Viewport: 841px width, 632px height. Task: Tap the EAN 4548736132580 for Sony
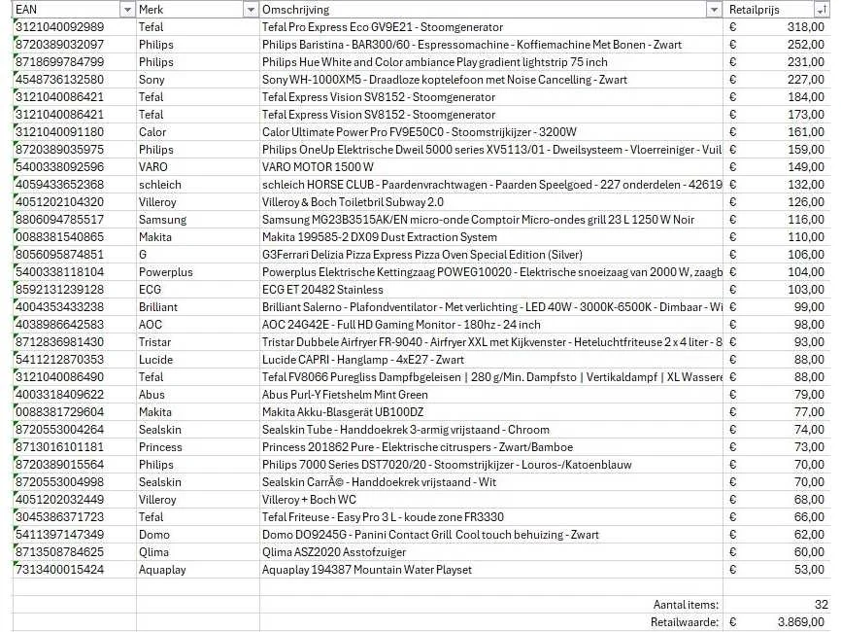pyautogui.click(x=59, y=80)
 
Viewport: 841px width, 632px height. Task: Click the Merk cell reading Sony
pyautogui.click(x=151, y=80)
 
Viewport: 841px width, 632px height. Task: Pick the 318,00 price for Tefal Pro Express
pyautogui.click(x=805, y=27)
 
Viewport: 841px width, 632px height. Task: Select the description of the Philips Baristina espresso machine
pyautogui.click(x=472, y=45)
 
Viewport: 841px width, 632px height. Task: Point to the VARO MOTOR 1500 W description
pyautogui.click(x=318, y=167)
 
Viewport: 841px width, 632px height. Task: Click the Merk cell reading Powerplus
pyautogui.click(x=165, y=272)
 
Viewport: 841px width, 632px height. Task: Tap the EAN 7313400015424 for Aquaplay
pyautogui.click(x=59, y=570)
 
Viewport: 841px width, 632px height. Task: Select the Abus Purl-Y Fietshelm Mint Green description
pyautogui.click(x=345, y=395)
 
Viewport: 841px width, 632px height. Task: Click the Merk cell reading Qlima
pyautogui.click(x=153, y=552)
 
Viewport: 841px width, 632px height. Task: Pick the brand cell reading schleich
pyautogui.click(x=159, y=185)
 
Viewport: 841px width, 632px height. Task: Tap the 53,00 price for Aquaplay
pyautogui.click(x=809, y=570)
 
